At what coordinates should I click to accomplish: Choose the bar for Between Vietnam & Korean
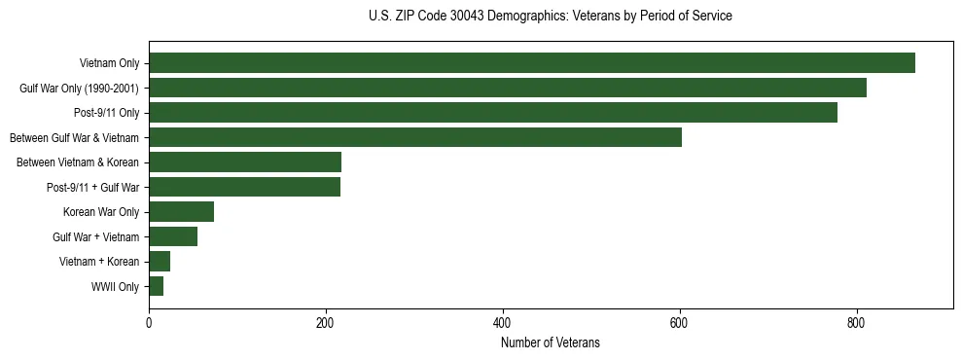click(245, 162)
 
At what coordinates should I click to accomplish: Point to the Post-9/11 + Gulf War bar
click(244, 187)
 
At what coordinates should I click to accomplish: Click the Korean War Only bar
click(181, 212)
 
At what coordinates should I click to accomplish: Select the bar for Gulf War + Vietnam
click(173, 236)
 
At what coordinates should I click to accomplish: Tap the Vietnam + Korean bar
click(160, 262)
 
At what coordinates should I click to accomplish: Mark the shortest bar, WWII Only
click(156, 286)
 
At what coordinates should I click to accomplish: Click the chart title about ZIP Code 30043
click(551, 17)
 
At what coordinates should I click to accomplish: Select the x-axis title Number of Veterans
click(551, 343)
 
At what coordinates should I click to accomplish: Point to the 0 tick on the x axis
click(149, 323)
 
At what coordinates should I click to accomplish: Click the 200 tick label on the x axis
click(326, 323)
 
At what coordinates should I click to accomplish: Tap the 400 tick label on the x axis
click(503, 323)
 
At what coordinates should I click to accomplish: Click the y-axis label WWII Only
click(115, 287)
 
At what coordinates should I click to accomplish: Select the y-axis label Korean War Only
click(101, 212)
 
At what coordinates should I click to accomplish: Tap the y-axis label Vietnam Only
click(109, 63)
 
